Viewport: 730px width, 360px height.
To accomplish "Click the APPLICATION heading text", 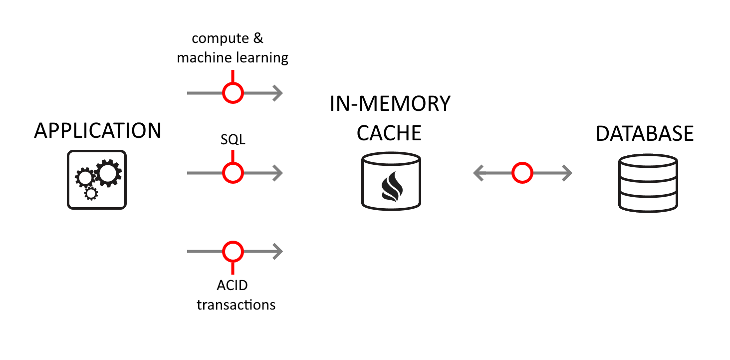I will pos(98,131).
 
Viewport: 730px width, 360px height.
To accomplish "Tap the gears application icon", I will pos(97,180).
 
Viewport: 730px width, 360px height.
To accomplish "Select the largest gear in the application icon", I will pos(107,173).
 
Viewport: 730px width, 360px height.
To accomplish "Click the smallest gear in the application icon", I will pos(90,194).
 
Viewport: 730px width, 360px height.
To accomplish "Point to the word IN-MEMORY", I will pos(390,104).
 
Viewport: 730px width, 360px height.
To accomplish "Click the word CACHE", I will pos(390,133).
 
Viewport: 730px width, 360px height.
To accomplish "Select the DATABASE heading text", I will pos(645,133).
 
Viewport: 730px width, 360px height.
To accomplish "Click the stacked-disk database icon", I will pos(648,183).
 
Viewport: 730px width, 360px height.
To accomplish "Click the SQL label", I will pos(233,140).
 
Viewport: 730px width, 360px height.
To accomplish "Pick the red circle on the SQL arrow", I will pos(233,173).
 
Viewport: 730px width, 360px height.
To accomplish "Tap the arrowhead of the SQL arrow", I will pos(278,173).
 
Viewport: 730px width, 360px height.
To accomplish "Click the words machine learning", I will pos(233,58).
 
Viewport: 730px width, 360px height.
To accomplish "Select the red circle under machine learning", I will pos(233,93).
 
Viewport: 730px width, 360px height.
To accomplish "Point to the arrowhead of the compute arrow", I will pos(278,93).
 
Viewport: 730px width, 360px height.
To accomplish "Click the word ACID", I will pos(233,285).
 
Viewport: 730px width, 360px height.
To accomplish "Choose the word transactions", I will pos(236,305).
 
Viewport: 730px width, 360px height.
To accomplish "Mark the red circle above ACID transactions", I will pos(233,252).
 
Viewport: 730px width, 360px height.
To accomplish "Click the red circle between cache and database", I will pos(522,173).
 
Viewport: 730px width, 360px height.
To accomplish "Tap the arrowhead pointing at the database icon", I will pos(566,173).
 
